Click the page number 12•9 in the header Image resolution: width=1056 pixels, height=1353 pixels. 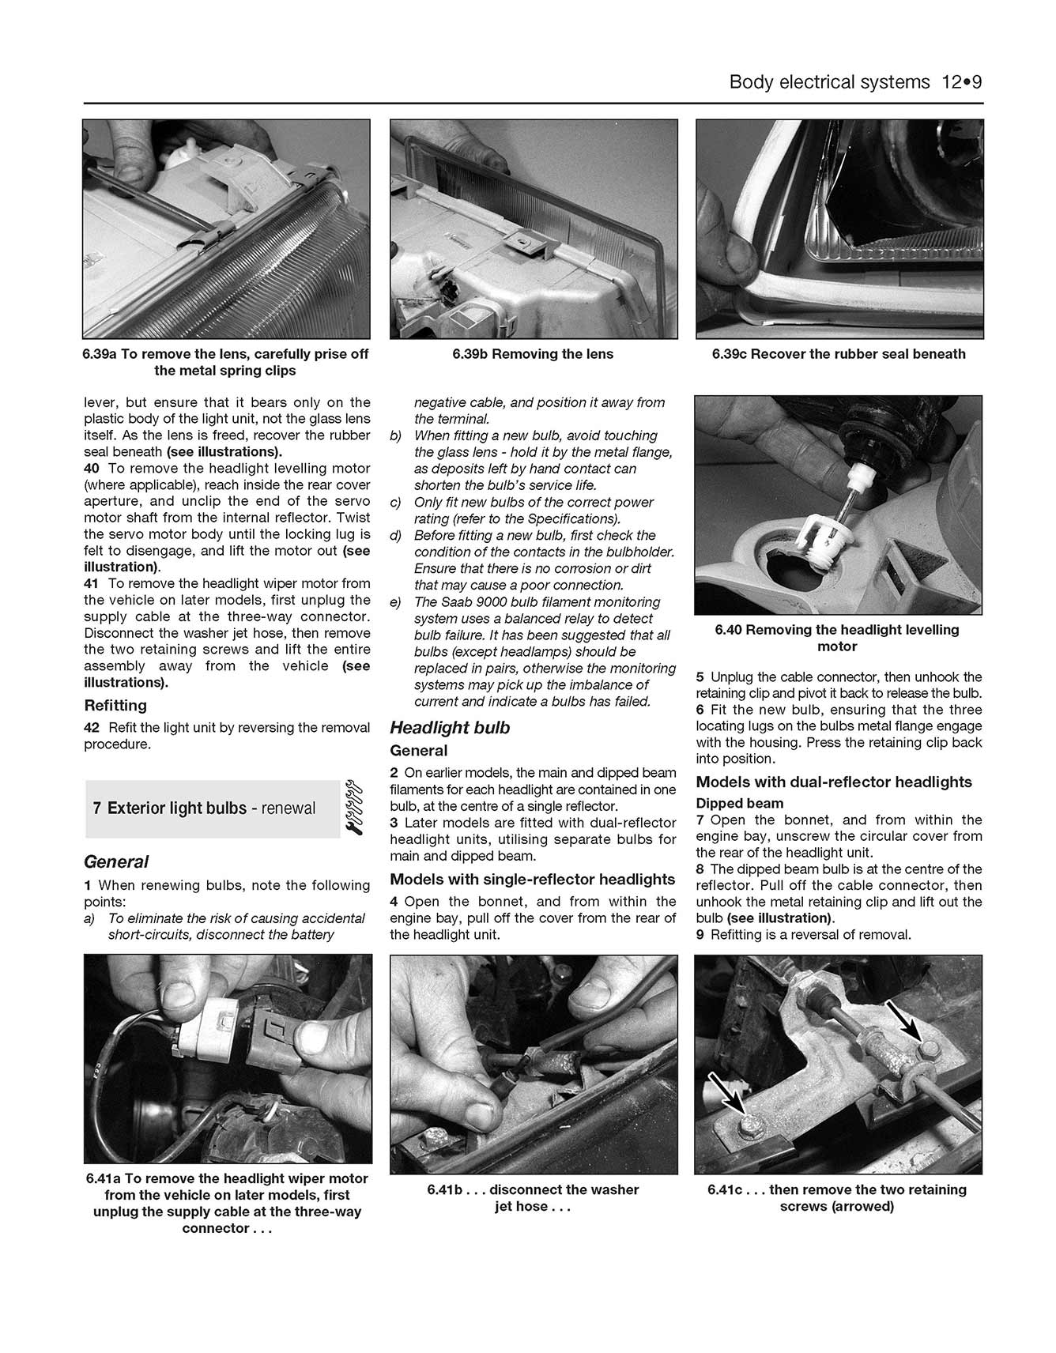[x=961, y=82]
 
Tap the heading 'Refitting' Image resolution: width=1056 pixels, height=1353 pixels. [x=115, y=705]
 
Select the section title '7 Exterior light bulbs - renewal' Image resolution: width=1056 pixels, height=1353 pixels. [x=204, y=808]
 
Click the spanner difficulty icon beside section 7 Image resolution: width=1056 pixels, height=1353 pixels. [x=353, y=808]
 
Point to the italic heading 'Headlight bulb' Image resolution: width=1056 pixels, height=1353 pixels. [x=450, y=727]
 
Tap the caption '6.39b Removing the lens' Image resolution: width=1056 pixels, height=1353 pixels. [x=533, y=354]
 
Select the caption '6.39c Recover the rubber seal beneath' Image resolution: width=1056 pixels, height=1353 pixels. [x=838, y=354]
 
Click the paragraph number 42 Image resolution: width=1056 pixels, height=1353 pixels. [x=92, y=727]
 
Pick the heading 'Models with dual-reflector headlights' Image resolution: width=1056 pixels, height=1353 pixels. [x=834, y=782]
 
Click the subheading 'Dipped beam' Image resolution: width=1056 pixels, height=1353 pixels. [x=739, y=803]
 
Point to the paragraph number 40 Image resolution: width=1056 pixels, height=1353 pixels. [x=92, y=468]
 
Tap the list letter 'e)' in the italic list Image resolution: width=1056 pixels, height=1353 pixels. [x=395, y=602]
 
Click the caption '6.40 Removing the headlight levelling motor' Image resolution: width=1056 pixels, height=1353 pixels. [x=837, y=638]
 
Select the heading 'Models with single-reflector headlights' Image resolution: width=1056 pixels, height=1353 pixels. [x=532, y=879]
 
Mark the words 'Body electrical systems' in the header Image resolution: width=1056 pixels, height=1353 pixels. [x=829, y=82]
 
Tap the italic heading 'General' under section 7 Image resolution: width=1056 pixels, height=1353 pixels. [x=116, y=861]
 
